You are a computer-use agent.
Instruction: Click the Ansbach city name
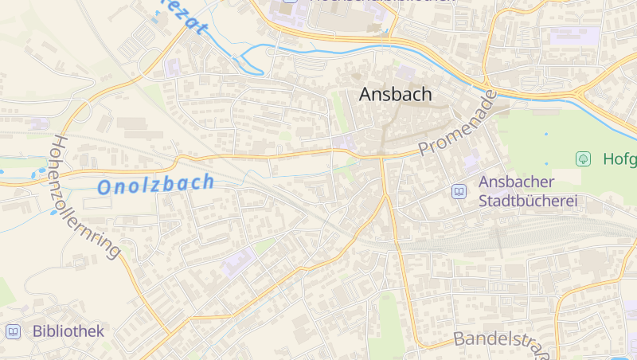tap(395, 94)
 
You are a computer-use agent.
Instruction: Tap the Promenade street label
tap(457, 123)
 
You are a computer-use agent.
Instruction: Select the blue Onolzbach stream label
tap(155, 184)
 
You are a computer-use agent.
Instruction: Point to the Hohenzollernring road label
tap(84, 195)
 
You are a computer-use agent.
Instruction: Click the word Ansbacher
tap(516, 182)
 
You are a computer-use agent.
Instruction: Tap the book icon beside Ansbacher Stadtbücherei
tap(459, 191)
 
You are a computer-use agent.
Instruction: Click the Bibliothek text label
tap(68, 331)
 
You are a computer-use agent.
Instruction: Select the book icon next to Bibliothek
tap(13, 331)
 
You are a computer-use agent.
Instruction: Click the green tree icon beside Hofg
tap(583, 158)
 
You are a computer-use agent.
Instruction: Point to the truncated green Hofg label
tap(619, 158)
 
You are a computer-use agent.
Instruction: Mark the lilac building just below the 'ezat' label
tap(173, 68)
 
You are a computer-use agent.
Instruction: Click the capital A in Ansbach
tap(365, 94)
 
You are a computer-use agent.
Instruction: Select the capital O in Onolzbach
tap(105, 188)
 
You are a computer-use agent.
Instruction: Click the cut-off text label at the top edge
tap(382, 2)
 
